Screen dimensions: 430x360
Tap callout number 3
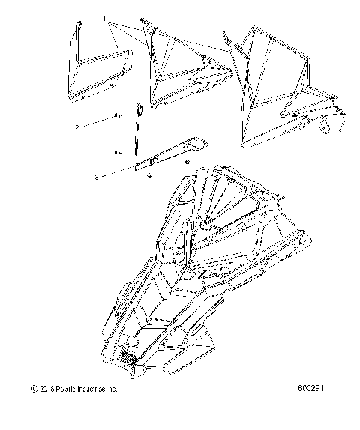97,178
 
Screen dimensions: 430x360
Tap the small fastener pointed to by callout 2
117,116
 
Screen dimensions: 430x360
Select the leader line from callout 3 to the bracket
116,172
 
